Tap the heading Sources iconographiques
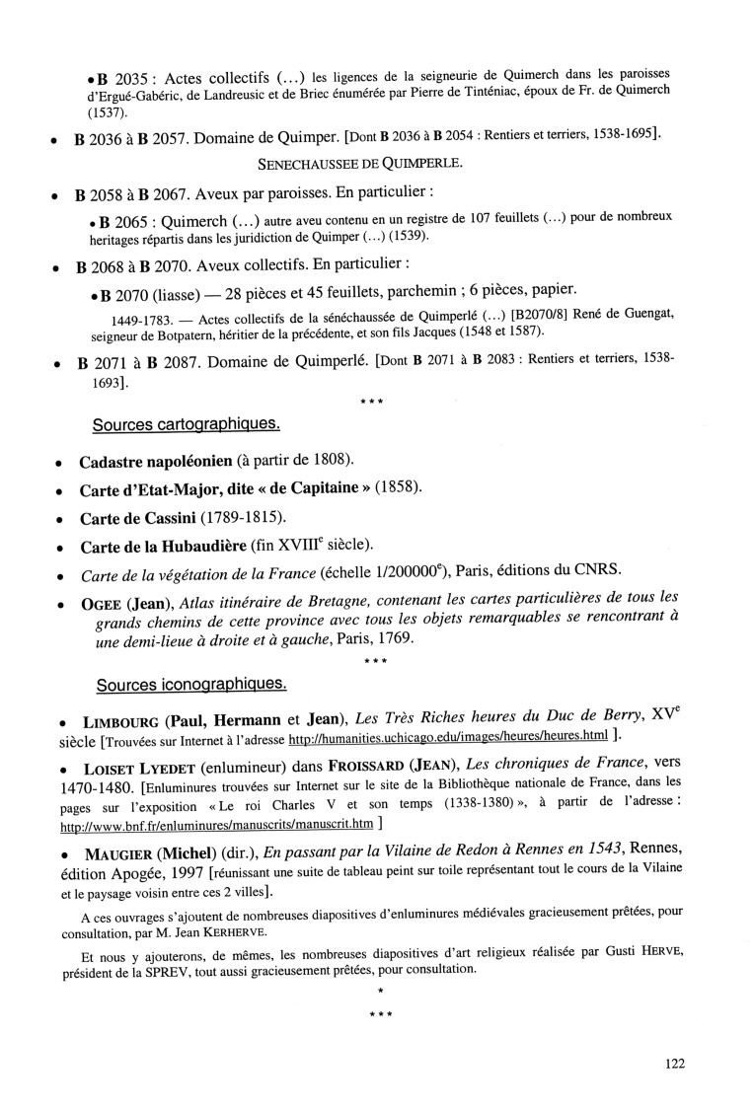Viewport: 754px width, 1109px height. click(190, 683)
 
